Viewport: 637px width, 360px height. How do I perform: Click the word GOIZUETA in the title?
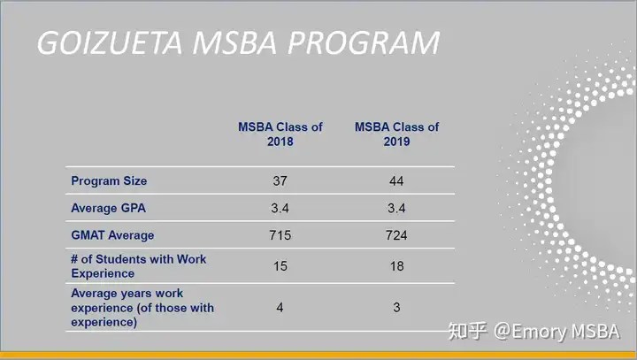click(110, 42)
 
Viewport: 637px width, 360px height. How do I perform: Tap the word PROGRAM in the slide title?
click(364, 42)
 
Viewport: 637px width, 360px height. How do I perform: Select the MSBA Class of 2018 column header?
click(280, 134)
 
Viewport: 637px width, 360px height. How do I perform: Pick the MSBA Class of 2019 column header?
click(397, 134)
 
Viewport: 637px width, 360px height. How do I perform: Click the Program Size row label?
click(109, 180)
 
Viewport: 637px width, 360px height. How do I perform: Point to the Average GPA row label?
click(109, 208)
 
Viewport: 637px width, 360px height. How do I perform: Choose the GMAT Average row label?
click(112, 235)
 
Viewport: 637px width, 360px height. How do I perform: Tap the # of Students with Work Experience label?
click(139, 266)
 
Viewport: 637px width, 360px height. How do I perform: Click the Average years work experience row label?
click(142, 308)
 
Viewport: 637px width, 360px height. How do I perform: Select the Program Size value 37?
click(280, 180)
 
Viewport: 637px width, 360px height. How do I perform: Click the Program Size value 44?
click(396, 180)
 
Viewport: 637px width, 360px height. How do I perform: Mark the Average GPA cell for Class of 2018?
click(280, 208)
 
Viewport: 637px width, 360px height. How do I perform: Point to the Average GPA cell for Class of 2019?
click(396, 208)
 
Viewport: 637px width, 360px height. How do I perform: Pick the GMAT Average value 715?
click(280, 235)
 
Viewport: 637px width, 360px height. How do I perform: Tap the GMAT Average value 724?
click(396, 235)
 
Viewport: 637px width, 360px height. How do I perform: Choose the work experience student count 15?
click(280, 266)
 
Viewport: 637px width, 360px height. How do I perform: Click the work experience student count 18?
click(397, 266)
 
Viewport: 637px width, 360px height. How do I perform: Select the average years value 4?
click(280, 307)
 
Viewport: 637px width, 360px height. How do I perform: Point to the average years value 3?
click(396, 307)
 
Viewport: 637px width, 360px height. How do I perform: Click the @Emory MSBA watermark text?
click(556, 332)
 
